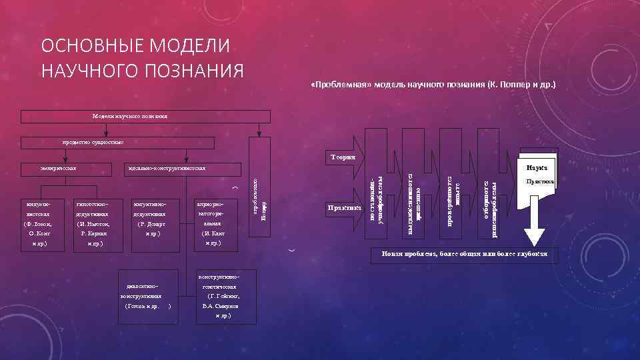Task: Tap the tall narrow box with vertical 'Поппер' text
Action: (260, 200)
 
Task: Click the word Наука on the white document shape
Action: (537, 168)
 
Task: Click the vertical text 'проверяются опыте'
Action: (453, 200)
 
